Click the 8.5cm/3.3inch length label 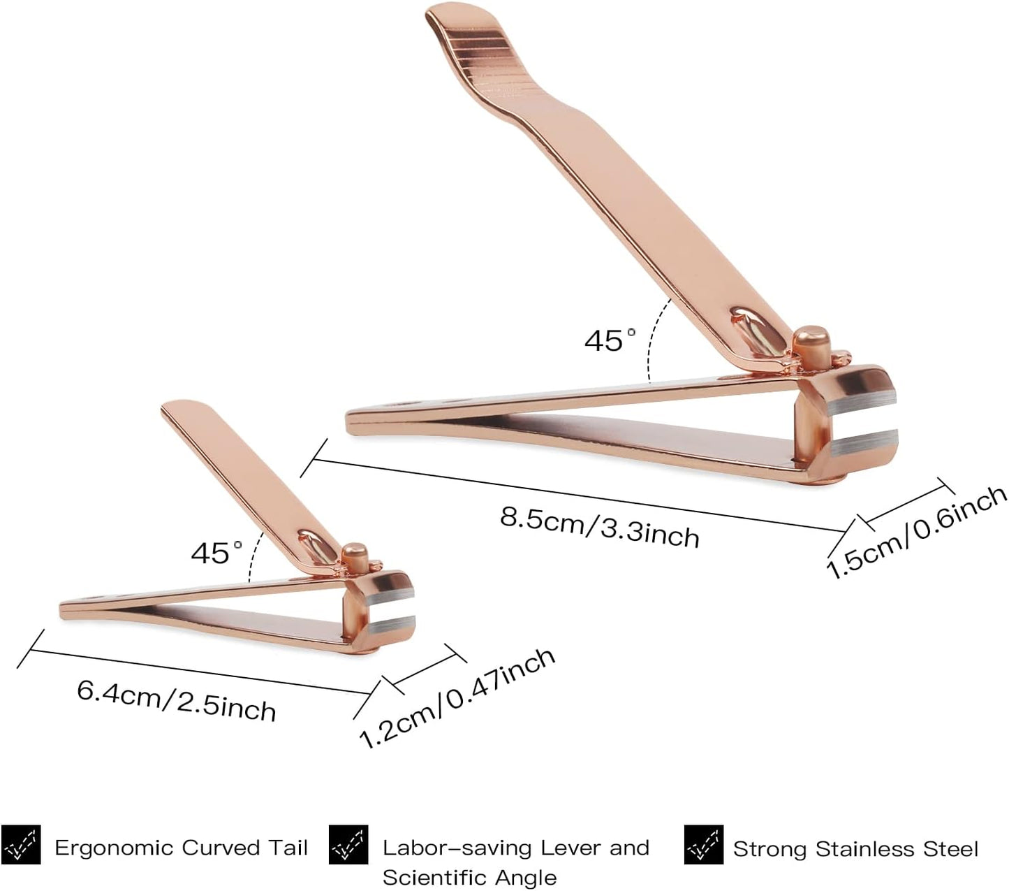(x=599, y=527)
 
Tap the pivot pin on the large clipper (x=810, y=347)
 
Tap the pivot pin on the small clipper (x=355, y=556)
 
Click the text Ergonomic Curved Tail (x=181, y=848)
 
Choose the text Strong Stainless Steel (x=855, y=849)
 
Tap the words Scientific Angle (x=469, y=877)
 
